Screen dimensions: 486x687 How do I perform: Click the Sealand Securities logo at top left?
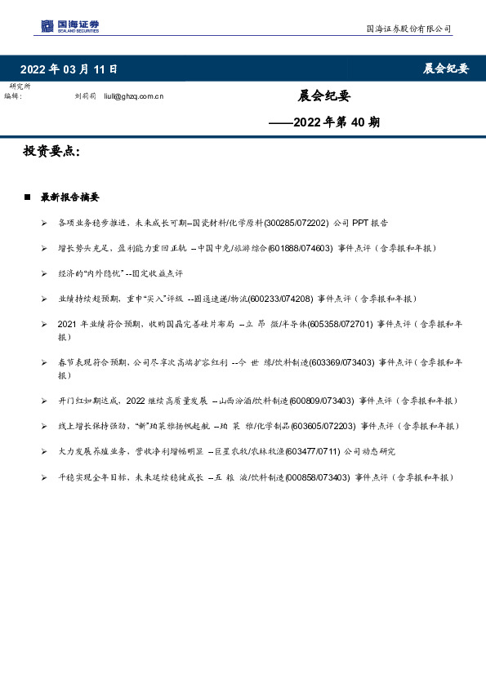tap(69, 27)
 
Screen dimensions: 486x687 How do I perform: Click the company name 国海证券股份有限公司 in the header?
tap(408, 29)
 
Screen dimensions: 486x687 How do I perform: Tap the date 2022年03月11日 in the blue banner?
tap(69, 69)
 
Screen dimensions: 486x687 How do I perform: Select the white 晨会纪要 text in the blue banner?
tap(445, 69)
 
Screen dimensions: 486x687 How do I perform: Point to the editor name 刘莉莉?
tap(85, 96)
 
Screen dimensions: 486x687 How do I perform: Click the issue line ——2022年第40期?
tap(325, 123)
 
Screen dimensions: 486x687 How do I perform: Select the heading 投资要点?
tap(51, 152)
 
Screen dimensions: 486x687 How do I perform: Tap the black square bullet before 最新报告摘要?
tap(28, 197)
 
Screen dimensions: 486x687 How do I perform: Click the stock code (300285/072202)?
tap(299, 222)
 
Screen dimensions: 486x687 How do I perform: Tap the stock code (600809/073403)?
tap(320, 401)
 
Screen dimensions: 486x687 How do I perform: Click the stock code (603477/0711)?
tap(302, 451)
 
